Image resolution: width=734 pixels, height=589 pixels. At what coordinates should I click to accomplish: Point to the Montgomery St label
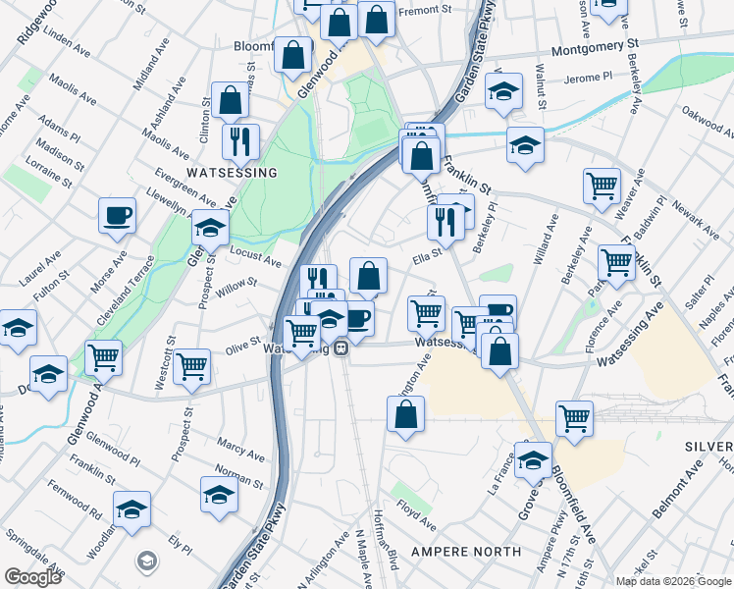point(596,46)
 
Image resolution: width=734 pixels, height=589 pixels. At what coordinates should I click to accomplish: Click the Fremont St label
point(423,10)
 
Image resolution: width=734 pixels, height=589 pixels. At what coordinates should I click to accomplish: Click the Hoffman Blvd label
point(387,551)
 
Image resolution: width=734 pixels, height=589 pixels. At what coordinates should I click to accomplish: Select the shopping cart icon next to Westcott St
point(191,365)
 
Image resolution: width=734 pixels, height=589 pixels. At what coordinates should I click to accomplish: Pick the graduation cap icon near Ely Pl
point(132,508)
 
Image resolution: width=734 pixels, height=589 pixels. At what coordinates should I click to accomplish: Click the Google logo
point(32,577)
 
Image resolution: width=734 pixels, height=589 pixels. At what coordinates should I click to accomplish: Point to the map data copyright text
point(672,581)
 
